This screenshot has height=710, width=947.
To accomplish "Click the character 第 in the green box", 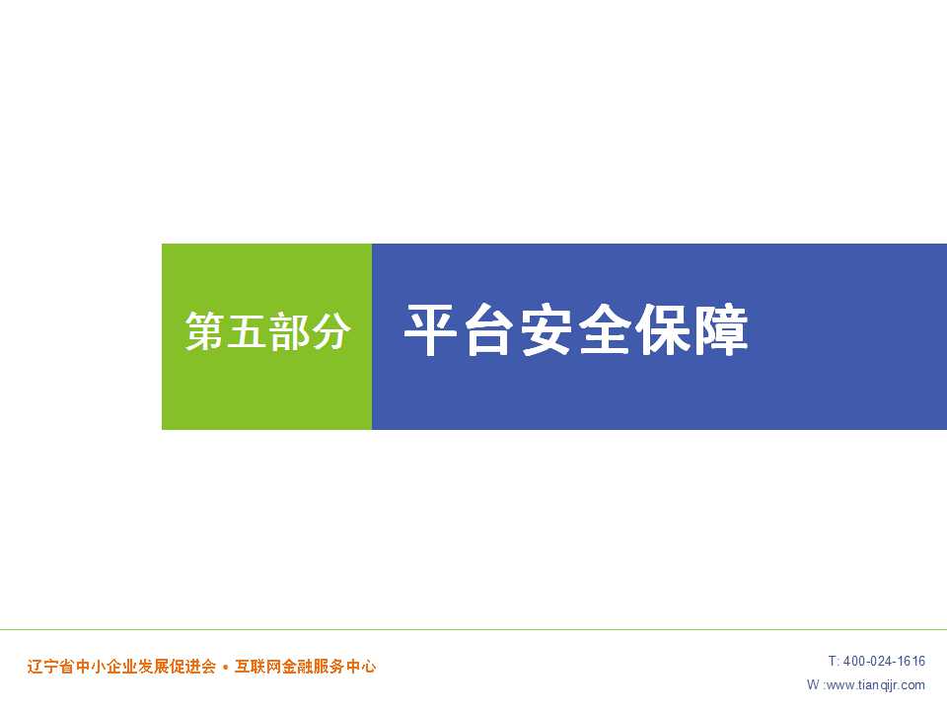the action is coord(205,331).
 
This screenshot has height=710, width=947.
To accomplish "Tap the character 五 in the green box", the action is coord(247,331).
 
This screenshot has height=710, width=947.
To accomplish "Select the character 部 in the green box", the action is coord(289,331).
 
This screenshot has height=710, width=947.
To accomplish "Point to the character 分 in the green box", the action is coord(330,331).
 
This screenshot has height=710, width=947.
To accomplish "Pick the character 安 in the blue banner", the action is coord(546,329).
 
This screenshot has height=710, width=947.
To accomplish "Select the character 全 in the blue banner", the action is coord(604,329).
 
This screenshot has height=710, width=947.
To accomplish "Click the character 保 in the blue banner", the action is coord(662,329).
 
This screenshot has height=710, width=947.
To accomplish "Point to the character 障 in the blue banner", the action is coord(720,329).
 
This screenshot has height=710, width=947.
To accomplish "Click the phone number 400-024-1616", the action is coord(884,661).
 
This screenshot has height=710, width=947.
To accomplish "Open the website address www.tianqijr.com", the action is coord(875,685).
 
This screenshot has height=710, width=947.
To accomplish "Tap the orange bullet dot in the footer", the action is coord(226,668).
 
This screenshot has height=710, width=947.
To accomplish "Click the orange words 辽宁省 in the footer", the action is coord(50,667).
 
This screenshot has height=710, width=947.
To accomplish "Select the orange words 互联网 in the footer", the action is coord(257,667).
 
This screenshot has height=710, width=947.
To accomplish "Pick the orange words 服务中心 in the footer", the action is coord(345,667).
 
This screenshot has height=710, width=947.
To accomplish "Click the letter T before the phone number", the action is coord(833,661).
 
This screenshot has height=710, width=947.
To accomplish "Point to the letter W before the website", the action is coord(813,684).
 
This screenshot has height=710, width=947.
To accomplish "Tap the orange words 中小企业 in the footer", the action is coord(107,667).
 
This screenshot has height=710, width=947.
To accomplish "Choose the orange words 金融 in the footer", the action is coord(297,667).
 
